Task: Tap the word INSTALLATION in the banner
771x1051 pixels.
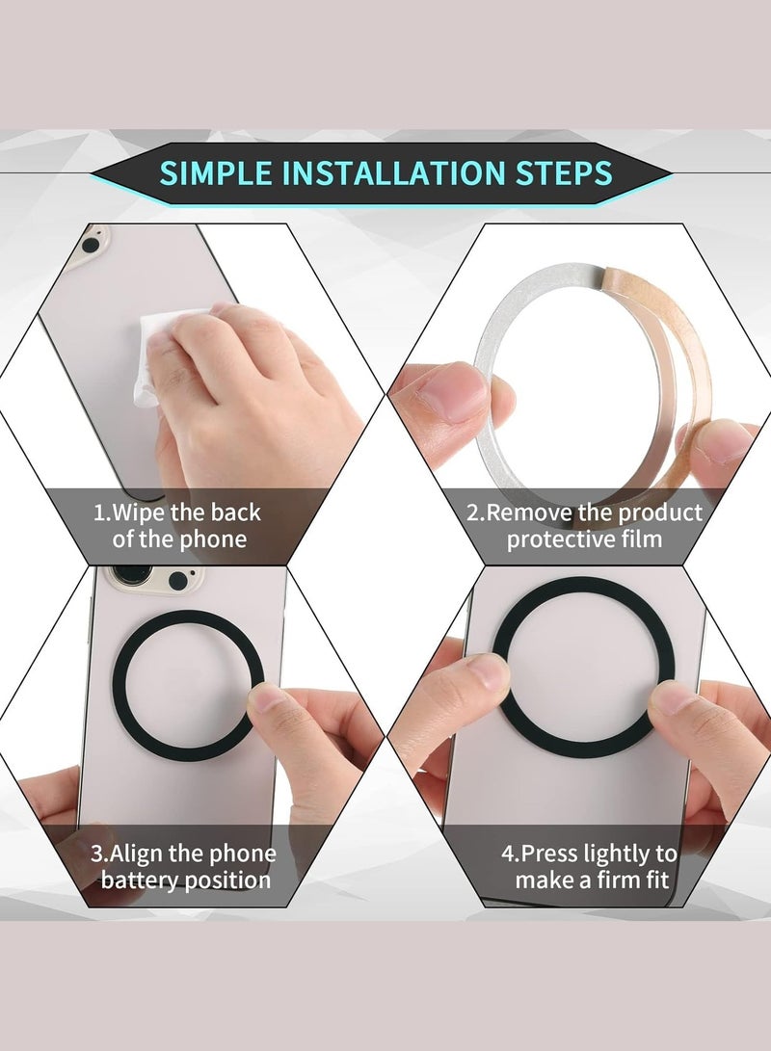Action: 393,173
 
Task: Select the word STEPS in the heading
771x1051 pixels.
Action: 563,173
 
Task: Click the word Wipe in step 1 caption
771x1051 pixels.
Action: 139,512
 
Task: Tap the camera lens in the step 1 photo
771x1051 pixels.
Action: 90,245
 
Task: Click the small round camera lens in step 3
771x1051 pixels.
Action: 178,581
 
